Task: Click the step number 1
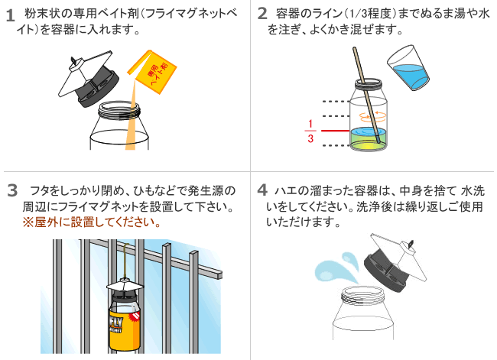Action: click(10, 15)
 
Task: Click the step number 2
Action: click(262, 14)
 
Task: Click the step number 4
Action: click(262, 190)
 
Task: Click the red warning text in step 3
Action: click(91, 223)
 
